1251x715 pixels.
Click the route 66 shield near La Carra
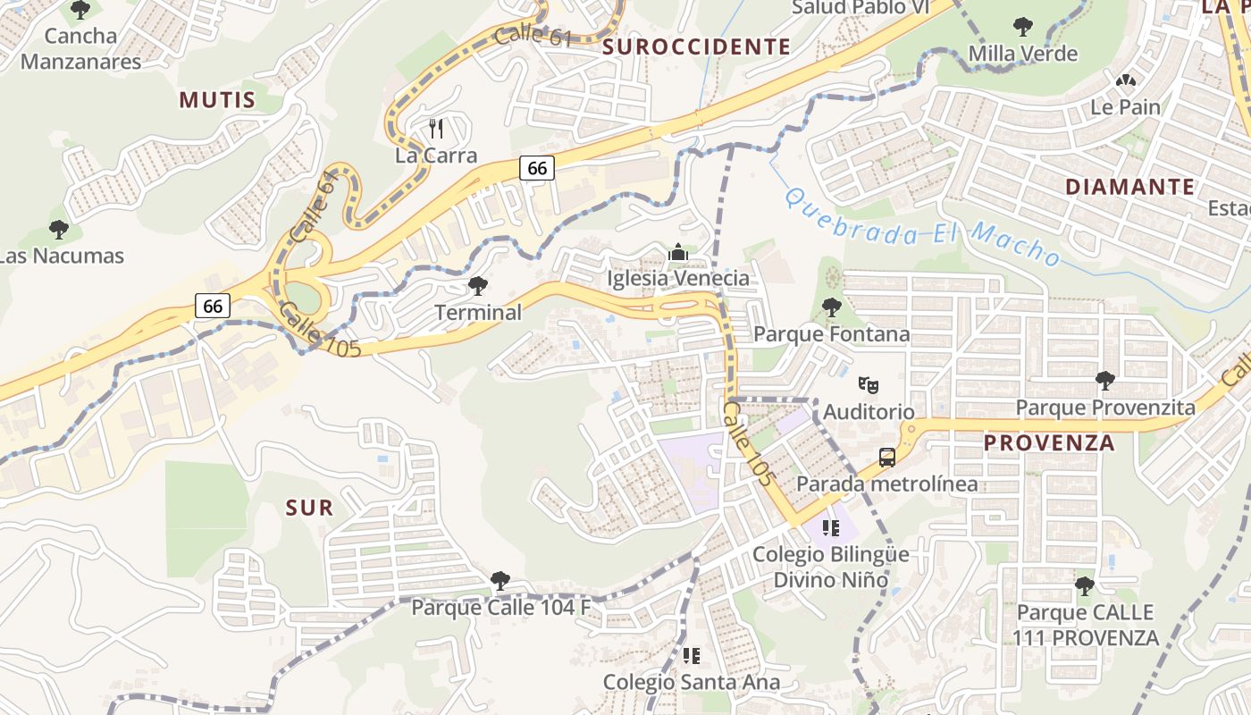[536, 167]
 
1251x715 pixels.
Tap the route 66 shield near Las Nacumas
[213, 306]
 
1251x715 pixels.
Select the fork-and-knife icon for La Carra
[436, 129]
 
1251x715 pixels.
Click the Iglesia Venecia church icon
[678, 253]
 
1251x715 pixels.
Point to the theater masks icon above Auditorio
[868, 385]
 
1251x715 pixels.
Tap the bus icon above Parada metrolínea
[887, 458]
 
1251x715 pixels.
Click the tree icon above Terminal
[478, 286]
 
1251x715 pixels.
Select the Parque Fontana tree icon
[832, 307]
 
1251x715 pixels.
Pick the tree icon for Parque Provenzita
[1105, 381]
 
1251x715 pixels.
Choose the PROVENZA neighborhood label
[1049, 443]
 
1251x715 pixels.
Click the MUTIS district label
[217, 99]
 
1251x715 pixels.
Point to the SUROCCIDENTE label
[697, 46]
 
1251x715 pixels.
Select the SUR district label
[309, 508]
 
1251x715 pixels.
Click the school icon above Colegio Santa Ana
[691, 656]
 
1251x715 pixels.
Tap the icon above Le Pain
[1126, 80]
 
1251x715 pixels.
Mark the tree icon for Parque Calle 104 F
[500, 581]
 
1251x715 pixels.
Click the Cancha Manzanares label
[80, 48]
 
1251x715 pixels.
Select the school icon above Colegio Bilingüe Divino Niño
[831, 528]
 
